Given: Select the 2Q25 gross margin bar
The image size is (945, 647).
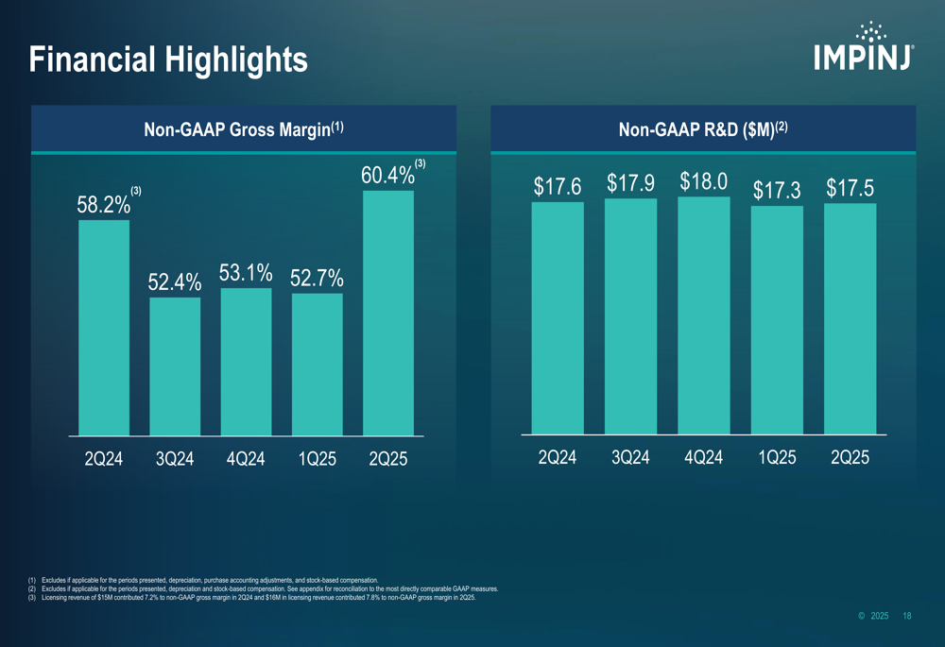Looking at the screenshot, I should click(388, 313).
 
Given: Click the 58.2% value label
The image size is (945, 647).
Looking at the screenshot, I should click(103, 204).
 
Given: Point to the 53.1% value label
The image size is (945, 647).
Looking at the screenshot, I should click(246, 274).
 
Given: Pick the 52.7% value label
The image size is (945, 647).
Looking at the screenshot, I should click(317, 279).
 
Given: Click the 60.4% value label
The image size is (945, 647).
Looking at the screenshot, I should click(387, 176).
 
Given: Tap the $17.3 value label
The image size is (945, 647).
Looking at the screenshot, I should click(777, 191).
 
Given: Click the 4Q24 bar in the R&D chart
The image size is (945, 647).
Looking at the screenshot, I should click(704, 315).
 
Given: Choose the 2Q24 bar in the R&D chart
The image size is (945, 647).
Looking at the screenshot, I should click(558, 318).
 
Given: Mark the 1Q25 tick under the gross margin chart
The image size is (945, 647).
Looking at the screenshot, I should click(317, 460).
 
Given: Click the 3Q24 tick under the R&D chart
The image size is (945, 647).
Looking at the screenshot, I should click(630, 458).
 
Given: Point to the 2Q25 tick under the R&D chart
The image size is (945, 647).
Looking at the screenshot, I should click(850, 458).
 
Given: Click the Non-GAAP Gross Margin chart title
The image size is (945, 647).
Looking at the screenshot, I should click(243, 129).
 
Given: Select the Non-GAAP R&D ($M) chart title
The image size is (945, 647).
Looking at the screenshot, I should click(703, 129).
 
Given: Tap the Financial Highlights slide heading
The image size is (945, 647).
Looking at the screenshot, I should click(168, 60).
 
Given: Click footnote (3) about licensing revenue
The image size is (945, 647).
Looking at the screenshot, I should click(255, 598).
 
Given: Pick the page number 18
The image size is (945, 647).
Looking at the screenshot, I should click(907, 616).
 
